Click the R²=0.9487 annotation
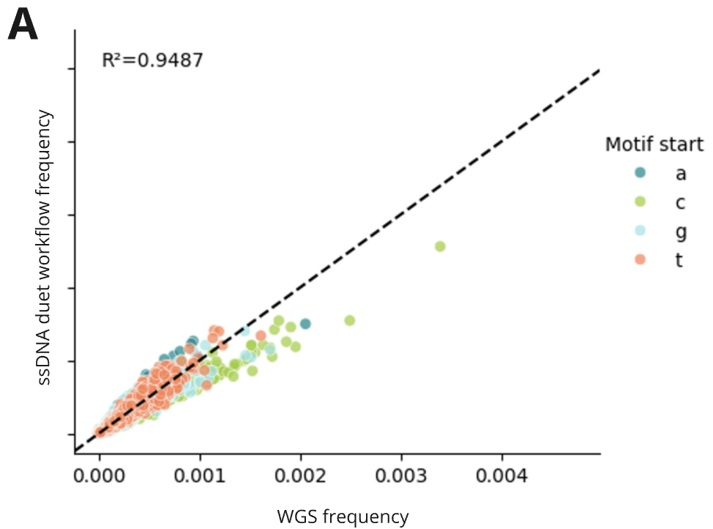point(152,60)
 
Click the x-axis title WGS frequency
point(343,517)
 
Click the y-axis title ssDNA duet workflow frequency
point(45,248)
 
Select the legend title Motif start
point(654,144)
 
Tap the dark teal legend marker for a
point(640,172)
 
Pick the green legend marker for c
point(640,201)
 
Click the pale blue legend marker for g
point(640,231)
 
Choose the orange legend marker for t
point(640,260)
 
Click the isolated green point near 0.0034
point(440,246)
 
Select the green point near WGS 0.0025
point(350,320)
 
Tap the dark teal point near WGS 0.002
point(305,323)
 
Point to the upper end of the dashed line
point(598,71)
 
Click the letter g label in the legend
point(680,232)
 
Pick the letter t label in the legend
point(679,260)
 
